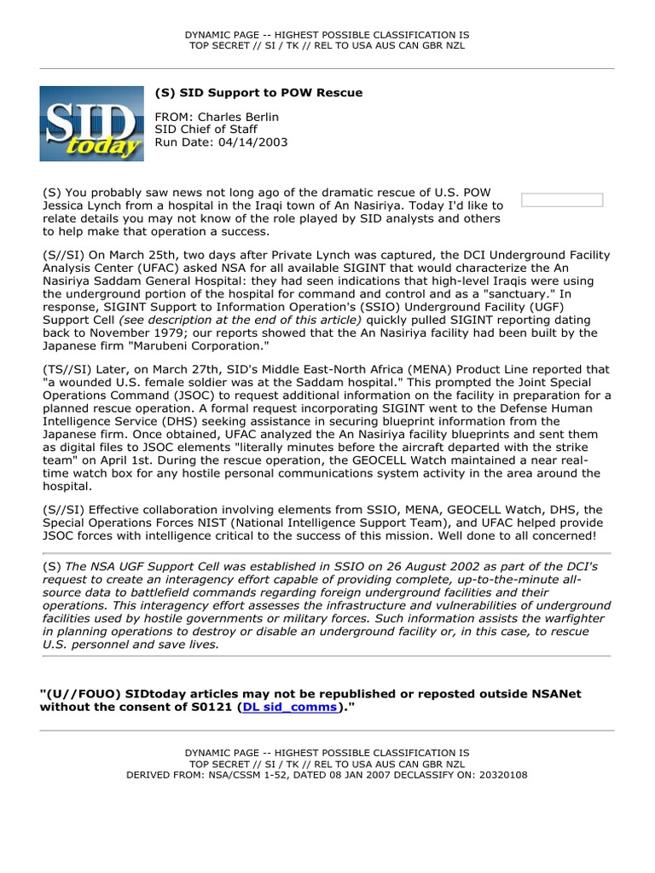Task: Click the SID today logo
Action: (x=91, y=124)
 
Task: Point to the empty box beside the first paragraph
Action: (x=562, y=200)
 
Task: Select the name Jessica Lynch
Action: (x=82, y=205)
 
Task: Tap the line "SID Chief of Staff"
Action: (x=206, y=130)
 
